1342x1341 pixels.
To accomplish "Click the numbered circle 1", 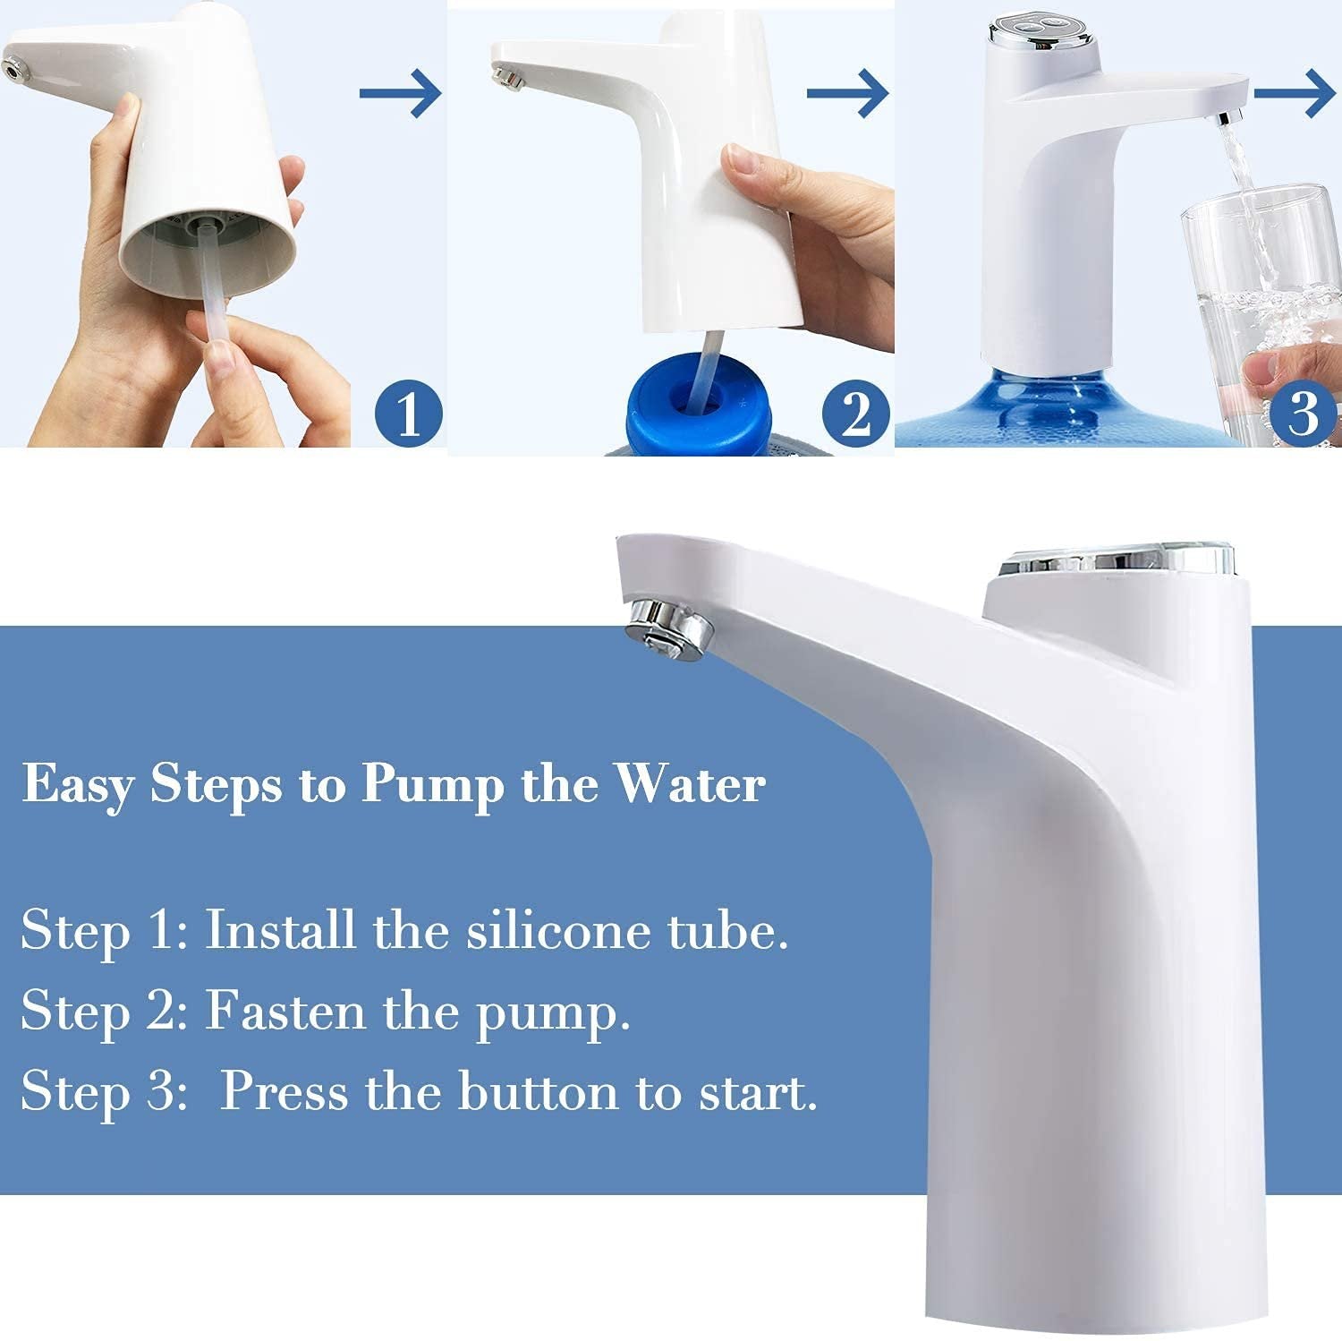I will pos(408,414).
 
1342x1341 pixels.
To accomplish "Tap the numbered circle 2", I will pos(855,414).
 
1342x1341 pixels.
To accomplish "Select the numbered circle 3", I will pos(1302,414).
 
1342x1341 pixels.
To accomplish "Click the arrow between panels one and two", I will pos(401,92).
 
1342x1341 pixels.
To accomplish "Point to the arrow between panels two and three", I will pos(847,92).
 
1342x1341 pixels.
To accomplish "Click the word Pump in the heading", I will pos(433,786).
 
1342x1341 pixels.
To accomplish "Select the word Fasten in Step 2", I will pos(286,1012).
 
